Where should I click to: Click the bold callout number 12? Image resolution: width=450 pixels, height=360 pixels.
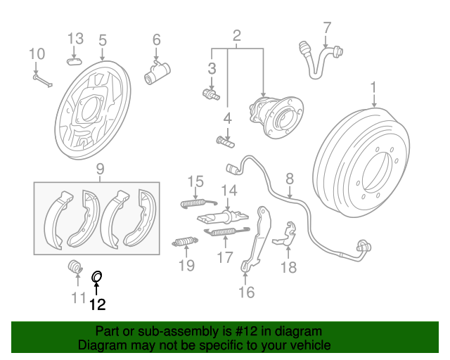coord(97,304)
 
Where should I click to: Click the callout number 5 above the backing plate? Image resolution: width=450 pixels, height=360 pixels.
coord(103,39)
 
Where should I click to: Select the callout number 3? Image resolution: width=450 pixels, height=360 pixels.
coord(211,68)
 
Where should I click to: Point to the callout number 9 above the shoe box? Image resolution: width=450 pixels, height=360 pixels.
coord(100,169)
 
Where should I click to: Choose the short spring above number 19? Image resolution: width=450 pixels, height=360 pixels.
coord(184,243)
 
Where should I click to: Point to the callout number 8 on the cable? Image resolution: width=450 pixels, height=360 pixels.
coord(289,180)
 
